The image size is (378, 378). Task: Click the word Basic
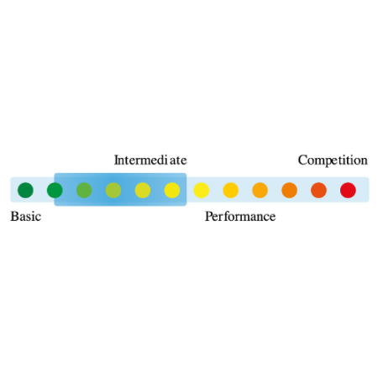point(26,217)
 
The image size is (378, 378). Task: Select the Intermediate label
point(150,160)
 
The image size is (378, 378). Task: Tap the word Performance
point(240,217)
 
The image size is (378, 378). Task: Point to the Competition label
point(333,160)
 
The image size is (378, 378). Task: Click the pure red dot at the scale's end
point(348,191)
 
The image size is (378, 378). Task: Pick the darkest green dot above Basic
point(25,191)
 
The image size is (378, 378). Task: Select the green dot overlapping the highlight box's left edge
point(55,191)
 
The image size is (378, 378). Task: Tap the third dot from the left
point(84,191)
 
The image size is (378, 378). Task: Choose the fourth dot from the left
point(113,191)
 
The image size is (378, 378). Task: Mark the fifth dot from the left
point(143,191)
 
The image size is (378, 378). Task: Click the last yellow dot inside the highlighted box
point(172,191)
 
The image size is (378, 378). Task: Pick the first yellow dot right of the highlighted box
point(202,191)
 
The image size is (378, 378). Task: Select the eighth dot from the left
point(231,191)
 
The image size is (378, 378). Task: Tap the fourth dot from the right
point(260,191)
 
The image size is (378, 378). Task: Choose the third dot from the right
point(289,191)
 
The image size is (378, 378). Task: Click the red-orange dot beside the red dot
point(318,191)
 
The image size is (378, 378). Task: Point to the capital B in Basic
point(14,217)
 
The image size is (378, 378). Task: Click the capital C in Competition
point(302,160)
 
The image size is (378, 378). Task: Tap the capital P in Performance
point(208,217)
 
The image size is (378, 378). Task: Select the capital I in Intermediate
point(116,160)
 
